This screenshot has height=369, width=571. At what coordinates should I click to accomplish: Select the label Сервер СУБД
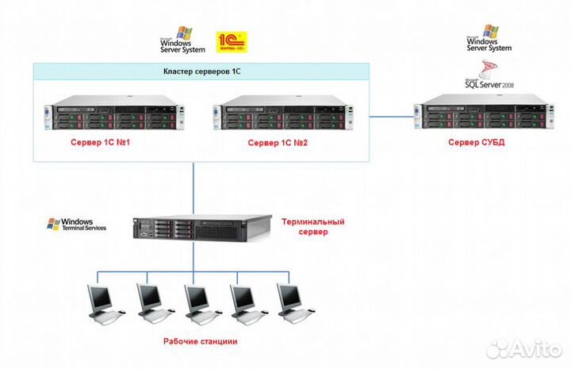476,143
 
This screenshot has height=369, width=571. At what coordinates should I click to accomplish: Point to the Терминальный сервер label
313,227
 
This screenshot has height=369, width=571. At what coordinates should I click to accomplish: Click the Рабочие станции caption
201,341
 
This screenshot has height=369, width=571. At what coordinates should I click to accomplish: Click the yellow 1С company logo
232,41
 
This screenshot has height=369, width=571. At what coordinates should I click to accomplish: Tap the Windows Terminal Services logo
71,225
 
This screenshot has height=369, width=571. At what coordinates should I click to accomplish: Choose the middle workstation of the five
196,302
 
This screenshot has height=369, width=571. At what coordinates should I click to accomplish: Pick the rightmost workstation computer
290,302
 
